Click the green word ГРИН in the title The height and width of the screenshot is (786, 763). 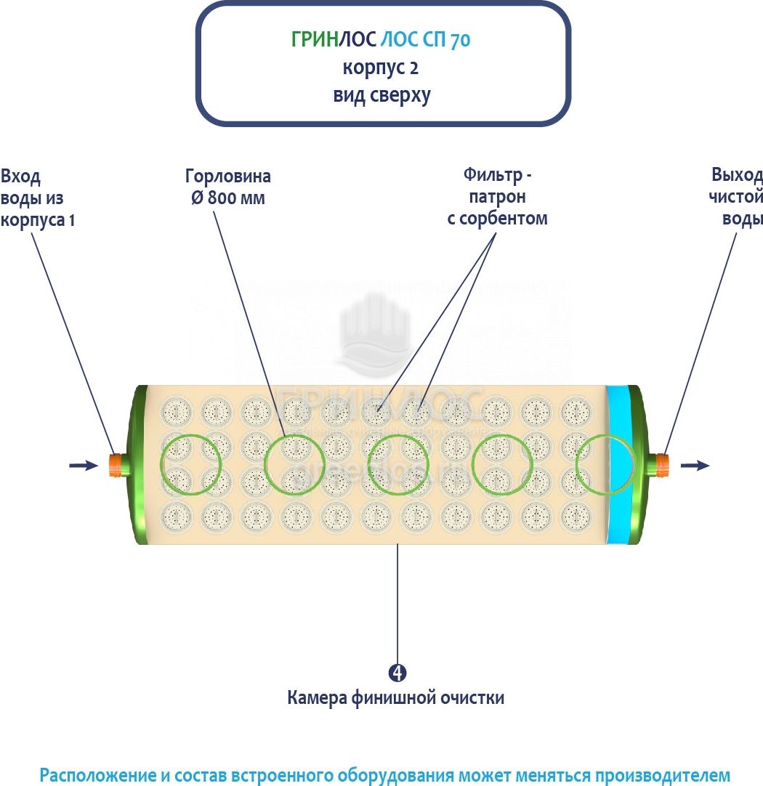[315, 40]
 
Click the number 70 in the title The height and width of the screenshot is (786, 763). [460, 41]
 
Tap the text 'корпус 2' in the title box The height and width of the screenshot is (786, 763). [381, 68]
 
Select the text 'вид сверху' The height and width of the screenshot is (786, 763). [381, 96]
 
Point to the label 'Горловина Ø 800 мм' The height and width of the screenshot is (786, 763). [227, 187]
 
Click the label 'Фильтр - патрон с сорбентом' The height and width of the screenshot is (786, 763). [497, 196]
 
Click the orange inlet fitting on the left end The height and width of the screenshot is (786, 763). [116, 465]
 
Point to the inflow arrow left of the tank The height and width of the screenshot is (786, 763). [83, 465]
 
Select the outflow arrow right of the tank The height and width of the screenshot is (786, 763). [695, 465]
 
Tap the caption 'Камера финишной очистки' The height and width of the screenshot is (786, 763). [396, 698]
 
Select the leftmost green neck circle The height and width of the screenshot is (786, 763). [191, 463]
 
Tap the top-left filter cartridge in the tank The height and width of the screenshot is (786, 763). [175, 412]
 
